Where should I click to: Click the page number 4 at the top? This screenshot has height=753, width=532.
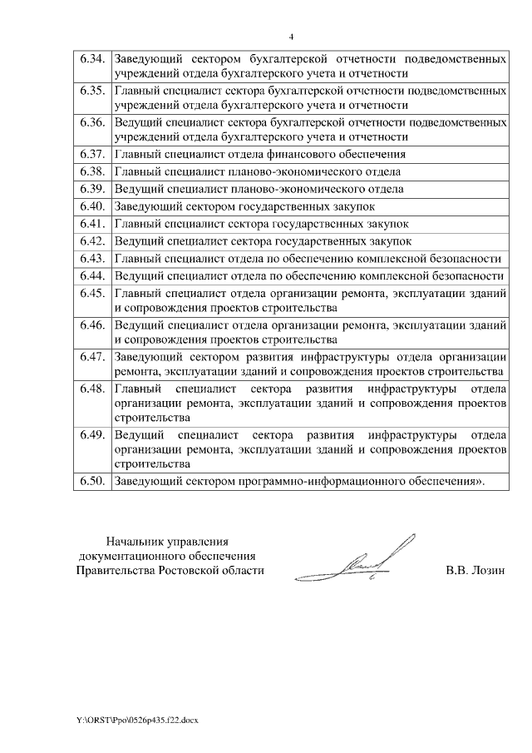tap(291, 37)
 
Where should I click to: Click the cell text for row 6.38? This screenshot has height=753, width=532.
tap(258, 172)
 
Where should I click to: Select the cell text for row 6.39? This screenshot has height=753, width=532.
tap(259, 189)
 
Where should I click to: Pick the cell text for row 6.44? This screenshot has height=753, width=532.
tap(308, 275)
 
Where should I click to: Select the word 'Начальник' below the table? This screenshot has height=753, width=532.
tap(135, 541)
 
